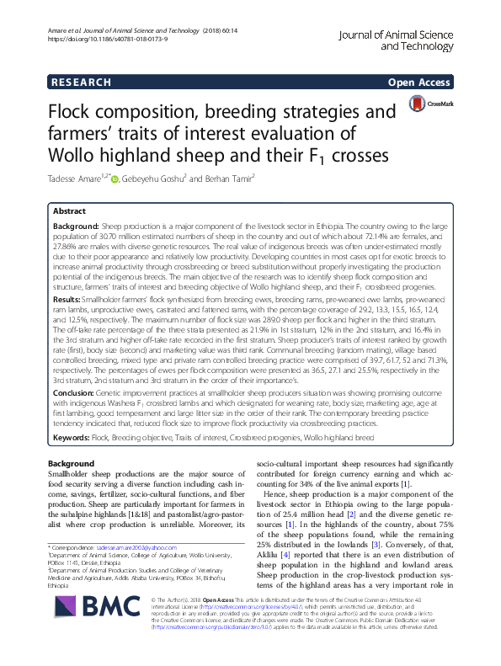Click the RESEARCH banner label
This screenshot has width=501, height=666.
pyautogui.click(x=81, y=83)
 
